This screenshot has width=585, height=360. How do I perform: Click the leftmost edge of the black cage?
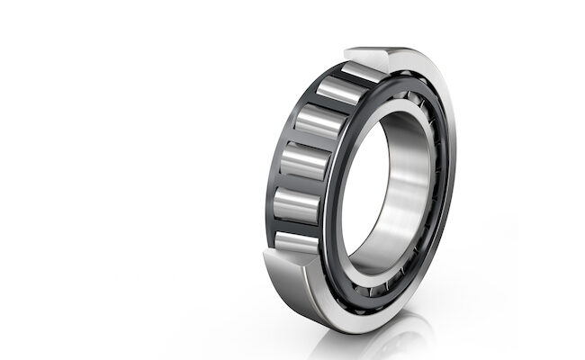click(269, 180)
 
